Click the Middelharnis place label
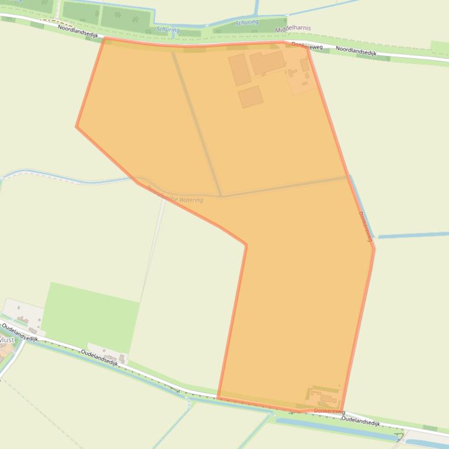(x=293, y=28)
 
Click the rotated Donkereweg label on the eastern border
(x=365, y=226)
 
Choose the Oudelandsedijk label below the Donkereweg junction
(x=360, y=421)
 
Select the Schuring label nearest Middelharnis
(x=246, y=22)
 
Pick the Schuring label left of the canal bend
(x=168, y=29)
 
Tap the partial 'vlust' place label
(x=7, y=339)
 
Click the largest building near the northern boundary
(x=267, y=62)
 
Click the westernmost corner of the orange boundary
(x=76, y=126)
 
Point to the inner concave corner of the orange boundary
(x=246, y=245)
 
